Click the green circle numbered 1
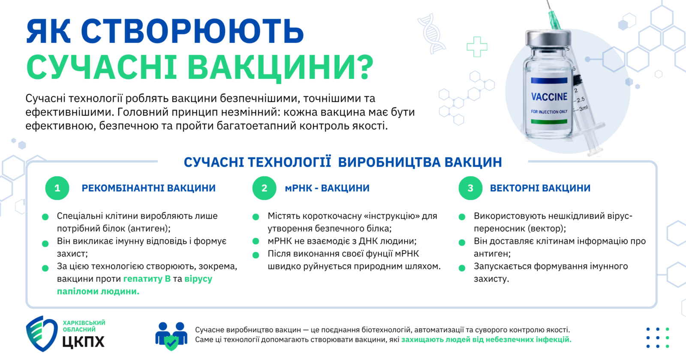[x=57, y=188]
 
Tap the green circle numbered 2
[x=264, y=188]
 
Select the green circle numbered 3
[x=470, y=188]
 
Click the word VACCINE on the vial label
[x=549, y=97]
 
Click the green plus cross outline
[x=477, y=47]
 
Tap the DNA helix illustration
[x=431, y=34]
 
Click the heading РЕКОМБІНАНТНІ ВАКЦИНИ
[x=148, y=188]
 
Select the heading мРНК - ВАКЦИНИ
[x=327, y=188]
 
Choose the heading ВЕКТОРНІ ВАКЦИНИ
[x=540, y=188]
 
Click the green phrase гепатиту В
[x=147, y=279]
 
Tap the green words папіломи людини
[x=98, y=291]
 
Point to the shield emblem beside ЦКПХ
[x=42, y=333]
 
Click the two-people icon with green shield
[x=171, y=336]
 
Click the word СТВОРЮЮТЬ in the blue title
[x=193, y=31]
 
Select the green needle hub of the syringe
[x=555, y=20]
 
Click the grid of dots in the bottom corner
[x=658, y=338]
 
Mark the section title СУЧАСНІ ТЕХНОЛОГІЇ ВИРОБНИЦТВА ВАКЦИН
[x=343, y=162]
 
